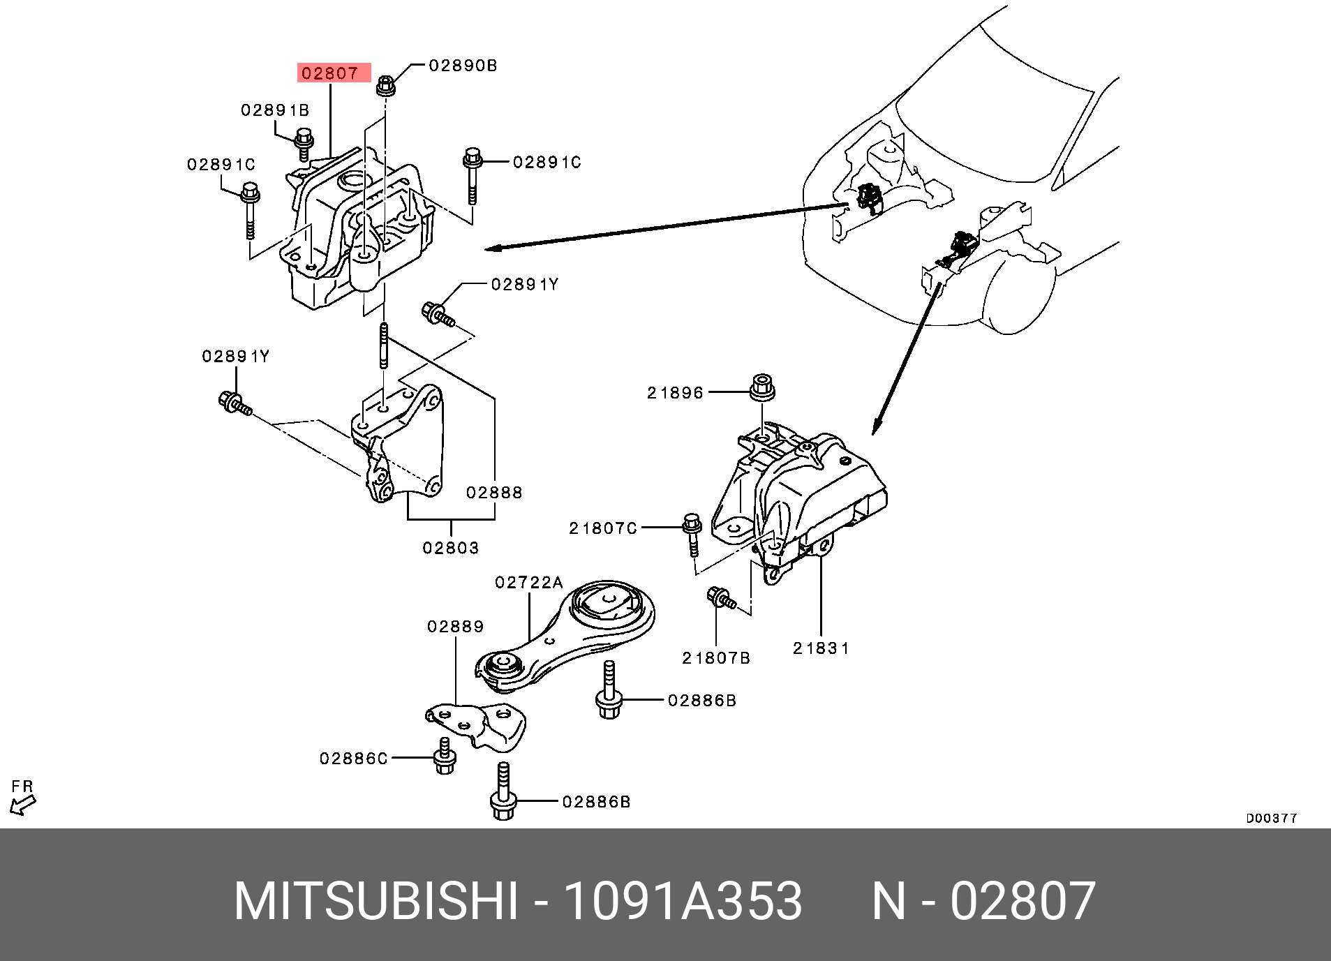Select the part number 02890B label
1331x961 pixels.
[x=463, y=66]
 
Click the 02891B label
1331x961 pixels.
[x=276, y=110]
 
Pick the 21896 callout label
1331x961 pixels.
[x=676, y=393]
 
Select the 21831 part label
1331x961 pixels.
[x=821, y=648]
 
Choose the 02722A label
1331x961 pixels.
[x=529, y=582]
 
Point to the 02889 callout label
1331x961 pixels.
[x=456, y=627]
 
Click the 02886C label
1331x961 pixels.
[x=354, y=758]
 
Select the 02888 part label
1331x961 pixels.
[x=495, y=493]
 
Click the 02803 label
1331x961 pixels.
[x=451, y=548]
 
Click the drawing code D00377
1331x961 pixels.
[x=1272, y=819]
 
